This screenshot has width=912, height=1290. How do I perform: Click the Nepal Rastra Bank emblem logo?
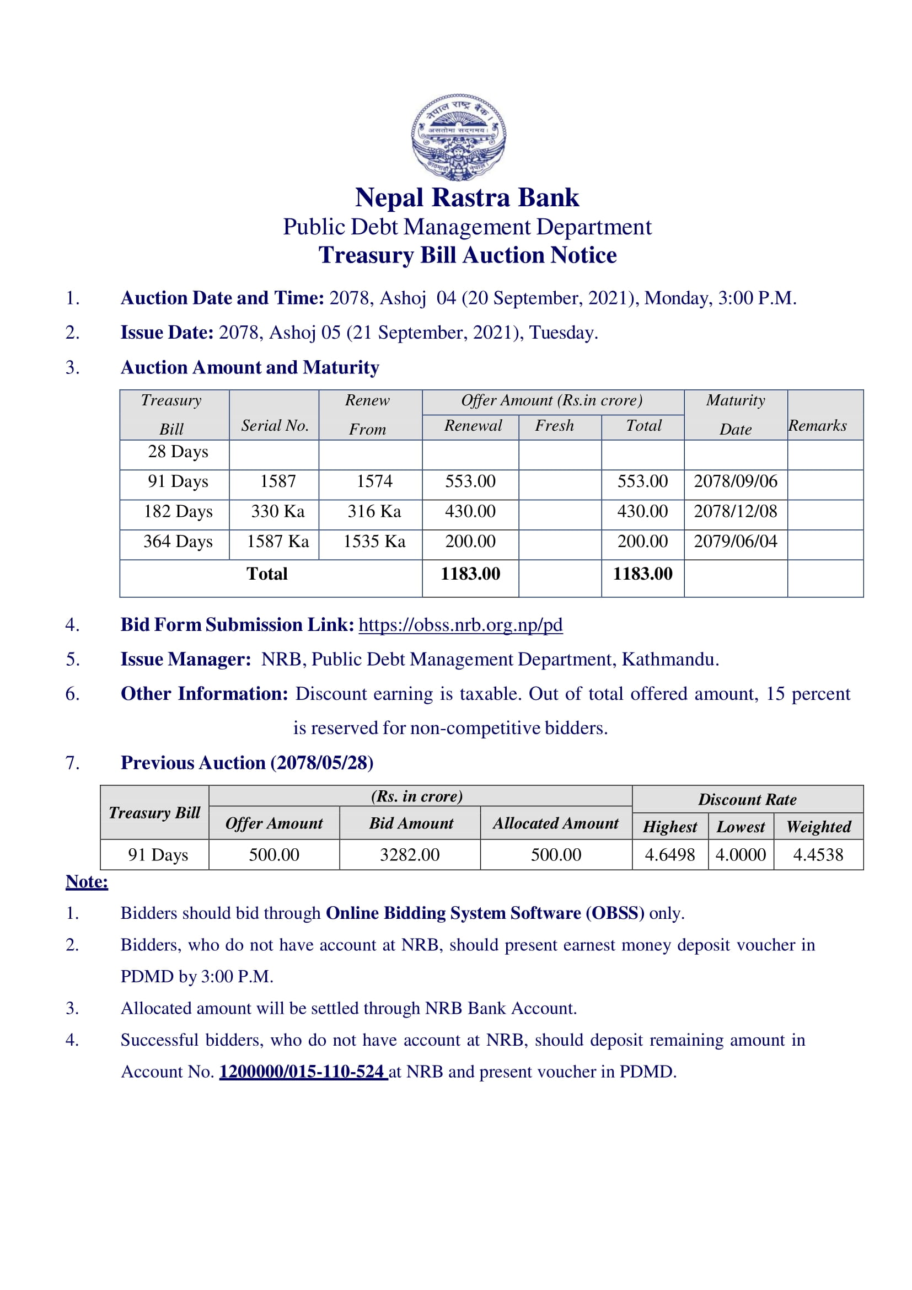458,137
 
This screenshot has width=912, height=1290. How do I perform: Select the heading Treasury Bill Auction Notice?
467,256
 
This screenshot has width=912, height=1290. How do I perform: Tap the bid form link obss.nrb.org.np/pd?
460,625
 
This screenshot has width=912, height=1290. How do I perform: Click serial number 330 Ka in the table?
277,511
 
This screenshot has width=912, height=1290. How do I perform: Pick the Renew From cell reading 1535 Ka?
374,542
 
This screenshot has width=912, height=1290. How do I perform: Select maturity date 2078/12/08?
735,511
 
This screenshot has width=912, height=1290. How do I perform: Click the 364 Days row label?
178,542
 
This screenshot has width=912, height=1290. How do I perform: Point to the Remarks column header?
817,426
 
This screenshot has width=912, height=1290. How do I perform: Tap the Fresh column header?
554,426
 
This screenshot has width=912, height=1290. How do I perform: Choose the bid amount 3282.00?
409,855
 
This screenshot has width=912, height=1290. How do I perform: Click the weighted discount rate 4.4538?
818,855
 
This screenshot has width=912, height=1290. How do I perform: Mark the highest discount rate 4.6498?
669,855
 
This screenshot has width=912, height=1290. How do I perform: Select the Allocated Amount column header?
555,823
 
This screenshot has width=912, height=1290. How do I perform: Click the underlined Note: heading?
87,882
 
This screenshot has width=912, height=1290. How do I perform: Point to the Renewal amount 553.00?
470,481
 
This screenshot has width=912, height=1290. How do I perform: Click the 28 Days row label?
178,452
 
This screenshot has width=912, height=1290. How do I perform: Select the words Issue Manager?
186,660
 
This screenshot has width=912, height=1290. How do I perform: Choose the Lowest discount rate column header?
740,827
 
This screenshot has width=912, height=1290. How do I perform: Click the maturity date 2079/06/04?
735,542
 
